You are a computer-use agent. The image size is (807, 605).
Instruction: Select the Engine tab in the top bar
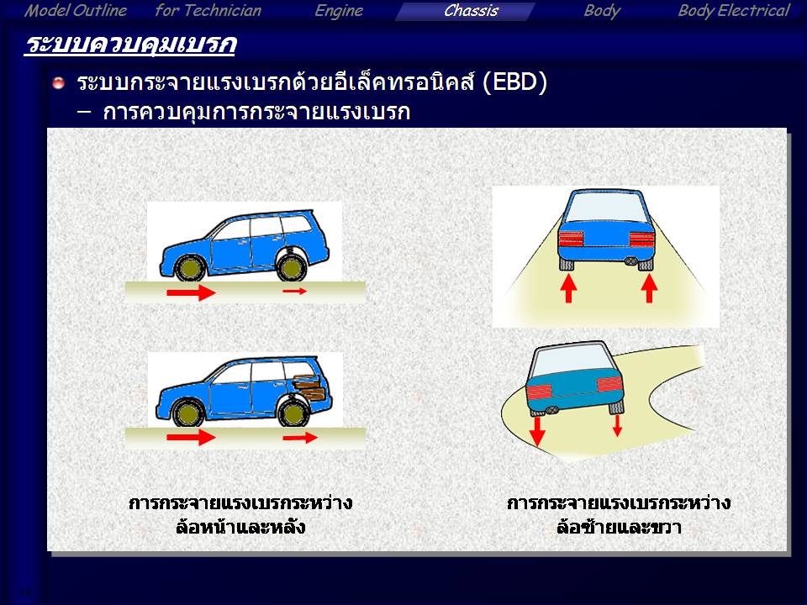[x=339, y=11]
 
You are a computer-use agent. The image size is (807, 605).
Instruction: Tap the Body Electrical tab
[x=733, y=11]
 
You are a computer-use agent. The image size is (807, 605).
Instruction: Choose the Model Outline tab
[x=76, y=11]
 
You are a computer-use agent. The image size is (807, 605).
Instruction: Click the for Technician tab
[x=208, y=11]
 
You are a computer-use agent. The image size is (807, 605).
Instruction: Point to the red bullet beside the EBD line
[x=59, y=82]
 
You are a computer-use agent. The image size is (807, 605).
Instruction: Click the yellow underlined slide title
[x=130, y=45]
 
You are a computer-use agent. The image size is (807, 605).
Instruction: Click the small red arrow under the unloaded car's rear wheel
[x=294, y=292]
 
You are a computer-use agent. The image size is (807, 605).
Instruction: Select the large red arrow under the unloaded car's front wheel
[x=191, y=292]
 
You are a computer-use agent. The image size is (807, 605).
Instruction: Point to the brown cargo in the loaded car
[x=309, y=387]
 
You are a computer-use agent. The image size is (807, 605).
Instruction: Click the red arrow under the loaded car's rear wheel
[x=300, y=438]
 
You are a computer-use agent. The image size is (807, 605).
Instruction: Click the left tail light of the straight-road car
[x=571, y=239]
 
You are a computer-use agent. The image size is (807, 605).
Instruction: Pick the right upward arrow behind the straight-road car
[x=650, y=288]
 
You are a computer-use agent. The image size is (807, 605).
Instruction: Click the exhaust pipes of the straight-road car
[x=630, y=261]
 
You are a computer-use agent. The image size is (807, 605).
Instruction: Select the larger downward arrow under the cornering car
[x=537, y=431]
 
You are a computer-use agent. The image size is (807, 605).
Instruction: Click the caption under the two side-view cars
[x=240, y=514]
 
